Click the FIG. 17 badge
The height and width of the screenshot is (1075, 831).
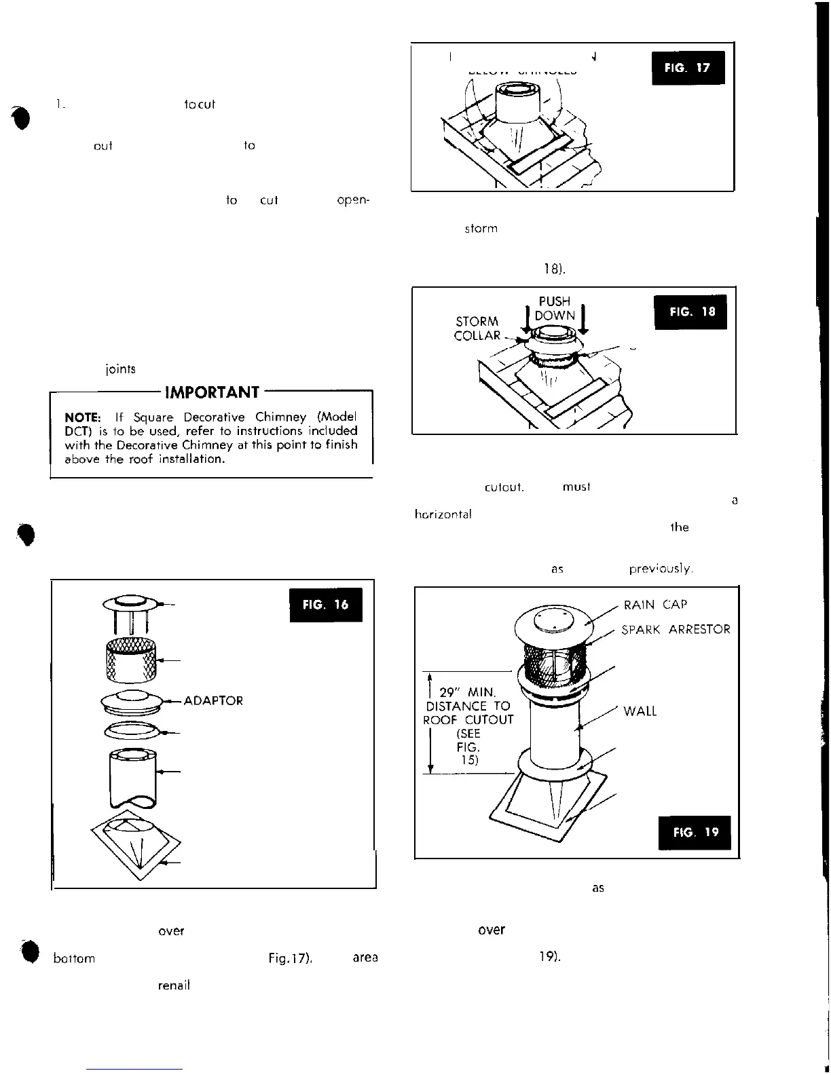688,68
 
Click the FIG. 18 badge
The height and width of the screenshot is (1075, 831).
690,312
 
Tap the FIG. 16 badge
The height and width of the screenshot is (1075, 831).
325,605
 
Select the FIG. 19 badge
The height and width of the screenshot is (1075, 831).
695,832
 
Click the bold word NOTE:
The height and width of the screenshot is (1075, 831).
84,417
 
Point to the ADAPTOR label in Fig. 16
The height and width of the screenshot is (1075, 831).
213,700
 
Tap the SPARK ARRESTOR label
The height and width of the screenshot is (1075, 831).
676,629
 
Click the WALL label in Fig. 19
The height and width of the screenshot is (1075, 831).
640,711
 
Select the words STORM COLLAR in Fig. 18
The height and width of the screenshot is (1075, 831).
477,328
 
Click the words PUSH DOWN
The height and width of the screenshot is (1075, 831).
554,308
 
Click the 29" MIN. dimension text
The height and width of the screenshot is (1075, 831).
468,693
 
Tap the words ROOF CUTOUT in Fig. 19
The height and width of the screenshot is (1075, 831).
468,719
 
